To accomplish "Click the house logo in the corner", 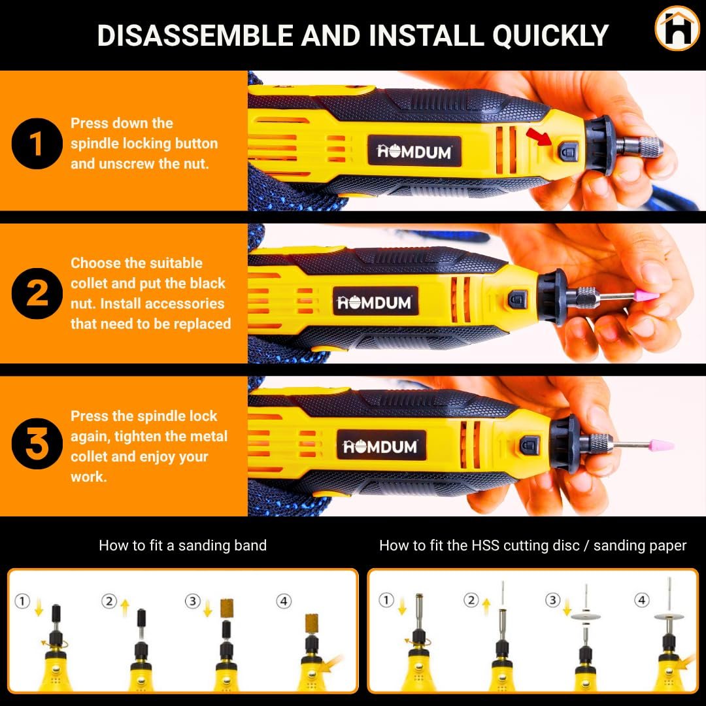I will point(677,28).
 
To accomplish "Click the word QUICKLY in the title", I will point(550,35).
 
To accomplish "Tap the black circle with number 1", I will point(37,143).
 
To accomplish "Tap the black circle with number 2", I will point(37,293).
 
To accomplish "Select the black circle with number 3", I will point(37,444).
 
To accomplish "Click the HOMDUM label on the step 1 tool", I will point(414,152).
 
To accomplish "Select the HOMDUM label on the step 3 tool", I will point(380,447).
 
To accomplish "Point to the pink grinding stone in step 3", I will point(658,445).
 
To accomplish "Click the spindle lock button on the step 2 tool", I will point(517,300).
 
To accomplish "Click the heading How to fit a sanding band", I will point(182,545).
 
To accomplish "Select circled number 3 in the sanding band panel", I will point(192,601).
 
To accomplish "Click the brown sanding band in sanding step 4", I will point(314,629).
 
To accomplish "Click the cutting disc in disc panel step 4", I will point(667,616).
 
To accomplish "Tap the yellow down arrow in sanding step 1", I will point(39,611).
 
